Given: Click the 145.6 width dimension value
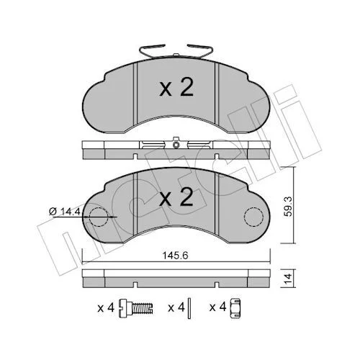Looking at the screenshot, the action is (176, 256).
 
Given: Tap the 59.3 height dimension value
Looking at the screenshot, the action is (288, 207).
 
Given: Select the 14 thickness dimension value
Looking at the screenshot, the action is (288, 278).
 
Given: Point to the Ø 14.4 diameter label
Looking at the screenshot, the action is (64, 211).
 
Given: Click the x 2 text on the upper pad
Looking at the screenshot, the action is (176, 88).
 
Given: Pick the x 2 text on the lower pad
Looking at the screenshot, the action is (176, 197).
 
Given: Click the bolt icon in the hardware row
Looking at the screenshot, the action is (136, 308).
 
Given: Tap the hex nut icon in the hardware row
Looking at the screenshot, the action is (235, 308).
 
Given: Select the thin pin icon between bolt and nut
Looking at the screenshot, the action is (189, 308).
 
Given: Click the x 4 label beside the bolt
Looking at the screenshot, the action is (106, 307).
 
